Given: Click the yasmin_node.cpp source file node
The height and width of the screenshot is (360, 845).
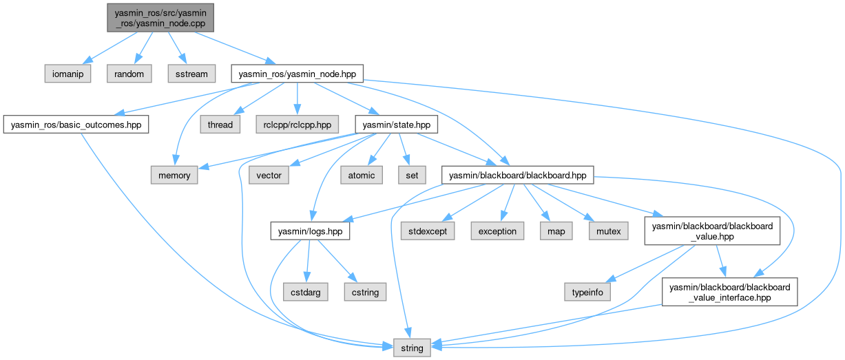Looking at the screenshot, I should coord(160,16).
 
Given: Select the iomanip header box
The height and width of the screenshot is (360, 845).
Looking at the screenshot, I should coord(68,74).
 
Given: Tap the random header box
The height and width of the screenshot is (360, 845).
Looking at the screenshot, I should coord(129,74).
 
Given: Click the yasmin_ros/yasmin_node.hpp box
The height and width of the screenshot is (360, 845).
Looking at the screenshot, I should coord(297,74).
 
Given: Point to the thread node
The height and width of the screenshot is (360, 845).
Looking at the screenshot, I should coord(220,125).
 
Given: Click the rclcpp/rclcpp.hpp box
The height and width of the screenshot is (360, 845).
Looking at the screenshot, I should coord(297,125).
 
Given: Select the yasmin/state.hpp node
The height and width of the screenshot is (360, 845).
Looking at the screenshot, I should coord(392,125).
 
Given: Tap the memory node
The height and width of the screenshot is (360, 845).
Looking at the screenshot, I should coord(175,176).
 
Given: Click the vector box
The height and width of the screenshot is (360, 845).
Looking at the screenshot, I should coord(269,176).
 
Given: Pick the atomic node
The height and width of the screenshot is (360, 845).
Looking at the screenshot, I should coord(362,176).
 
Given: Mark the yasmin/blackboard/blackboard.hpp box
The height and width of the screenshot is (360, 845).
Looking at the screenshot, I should coord(517,176).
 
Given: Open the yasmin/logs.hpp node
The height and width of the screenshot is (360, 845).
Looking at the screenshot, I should coord(310,231).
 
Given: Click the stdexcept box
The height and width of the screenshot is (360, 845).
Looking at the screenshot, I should coord(428,231).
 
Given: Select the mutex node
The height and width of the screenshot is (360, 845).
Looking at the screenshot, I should coord(608,231).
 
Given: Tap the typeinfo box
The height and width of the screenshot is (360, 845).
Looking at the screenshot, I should coord(588,292).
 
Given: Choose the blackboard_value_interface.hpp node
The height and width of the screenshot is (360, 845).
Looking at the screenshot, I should coord(729,292).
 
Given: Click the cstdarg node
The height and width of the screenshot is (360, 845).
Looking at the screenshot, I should coord(305,292).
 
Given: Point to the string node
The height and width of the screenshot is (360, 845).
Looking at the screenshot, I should coord(413,348).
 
